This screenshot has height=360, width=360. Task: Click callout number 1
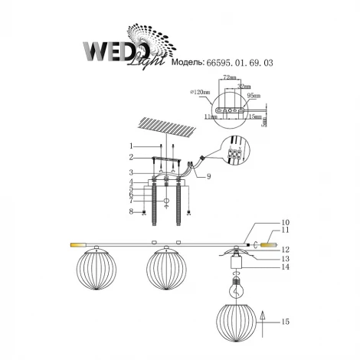coord(132,146)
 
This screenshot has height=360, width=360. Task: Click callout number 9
coord(208,175)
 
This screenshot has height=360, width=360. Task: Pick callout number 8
coord(132,211)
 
